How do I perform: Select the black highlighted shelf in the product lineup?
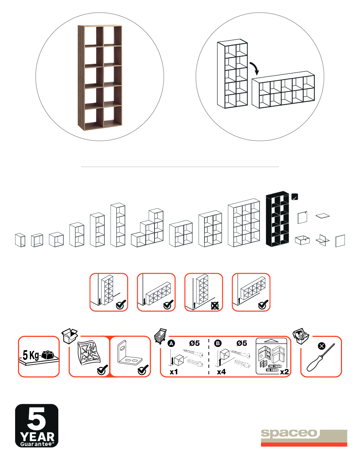click(278, 219)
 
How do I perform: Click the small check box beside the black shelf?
click(294, 197)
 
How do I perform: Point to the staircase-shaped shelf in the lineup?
click(147, 228)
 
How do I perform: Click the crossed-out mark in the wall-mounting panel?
click(215, 306)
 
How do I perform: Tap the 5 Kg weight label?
click(31, 355)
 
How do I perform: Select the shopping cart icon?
click(161, 336)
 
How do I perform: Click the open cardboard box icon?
click(69, 336)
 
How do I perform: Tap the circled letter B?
click(218, 343)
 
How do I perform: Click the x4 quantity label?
click(221, 372)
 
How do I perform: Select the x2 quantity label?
click(284, 372)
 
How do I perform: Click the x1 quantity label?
click(174, 372)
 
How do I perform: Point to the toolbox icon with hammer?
click(301, 336)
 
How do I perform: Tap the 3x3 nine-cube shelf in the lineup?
click(244, 223)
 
